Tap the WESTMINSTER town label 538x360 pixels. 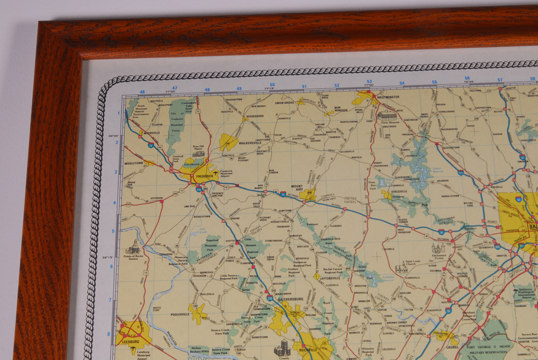[x=387, y=97]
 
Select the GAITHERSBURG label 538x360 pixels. [x=291, y=299]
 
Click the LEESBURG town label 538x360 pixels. [x=130, y=341]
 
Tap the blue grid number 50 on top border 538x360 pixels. [x=272, y=85]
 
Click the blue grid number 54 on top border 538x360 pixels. [x=402, y=83]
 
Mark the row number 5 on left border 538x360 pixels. [x=113, y=231]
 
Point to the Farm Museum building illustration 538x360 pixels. [x=386, y=116]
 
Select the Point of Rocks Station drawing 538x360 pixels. [x=133, y=248]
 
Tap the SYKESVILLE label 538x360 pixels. [x=399, y=191]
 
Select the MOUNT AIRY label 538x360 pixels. [x=297, y=187]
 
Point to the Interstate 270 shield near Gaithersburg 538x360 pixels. [x=270, y=297]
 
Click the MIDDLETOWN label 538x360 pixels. [x=134, y=163]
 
